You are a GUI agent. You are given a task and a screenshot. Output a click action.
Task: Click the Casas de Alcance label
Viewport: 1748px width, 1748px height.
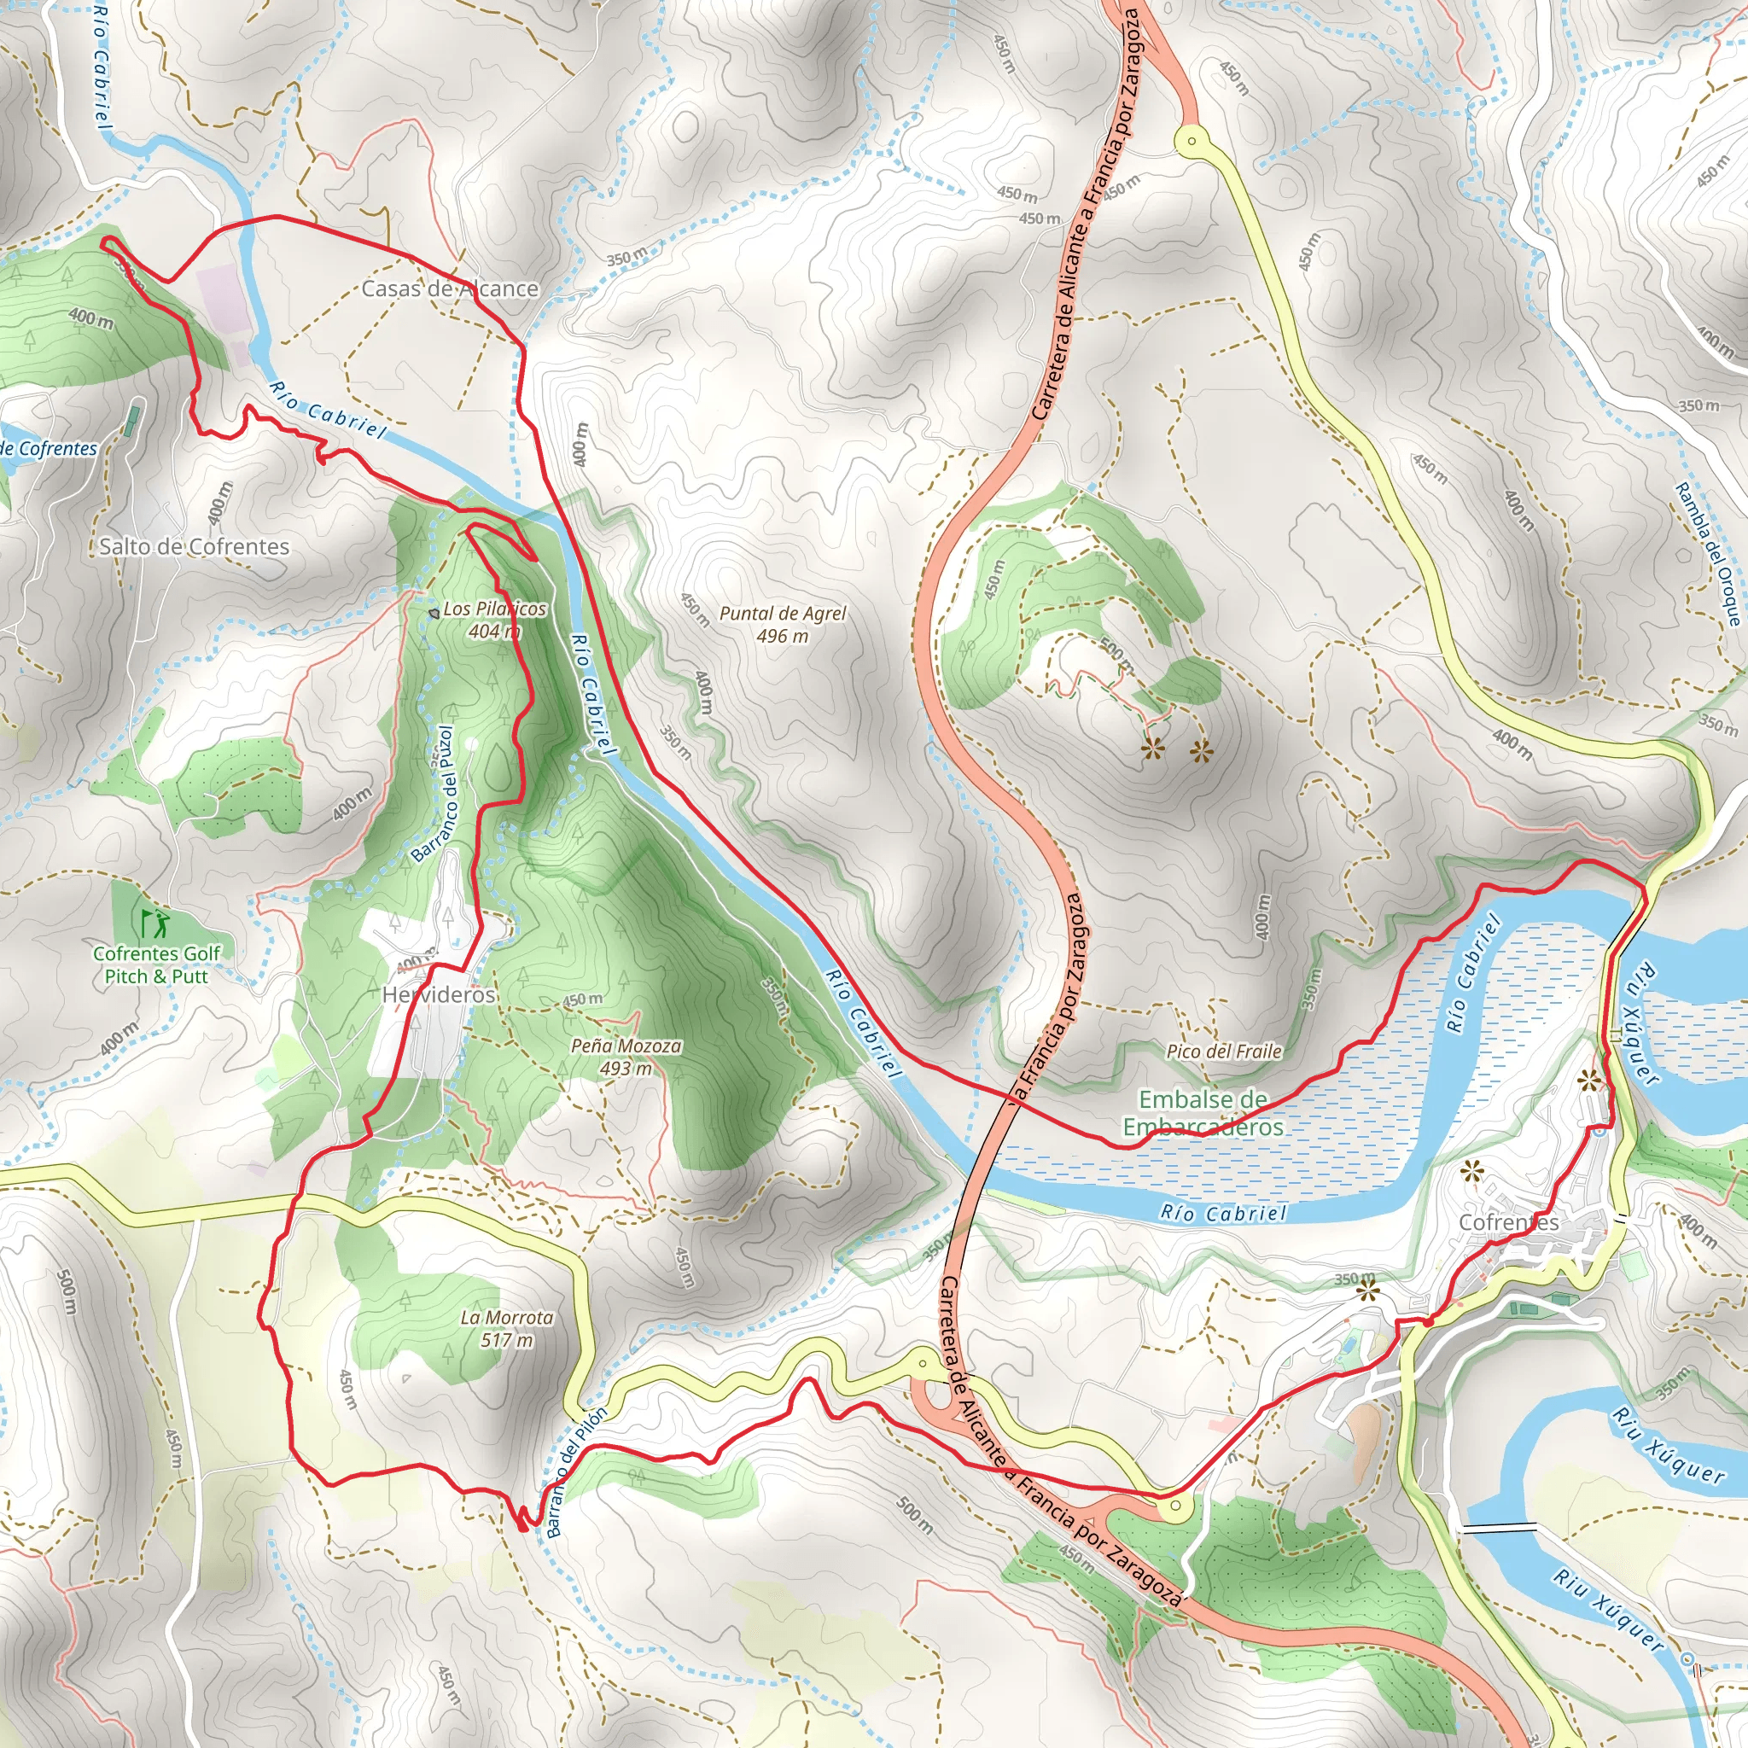pyautogui.click(x=450, y=288)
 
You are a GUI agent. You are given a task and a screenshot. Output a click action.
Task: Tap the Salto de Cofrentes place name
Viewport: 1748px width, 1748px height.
pyautogui.click(x=195, y=546)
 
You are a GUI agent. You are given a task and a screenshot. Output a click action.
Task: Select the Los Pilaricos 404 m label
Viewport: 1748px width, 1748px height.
pyautogui.click(x=495, y=620)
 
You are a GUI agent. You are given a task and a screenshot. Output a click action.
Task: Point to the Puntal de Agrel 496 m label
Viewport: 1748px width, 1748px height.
pyautogui.click(x=783, y=624)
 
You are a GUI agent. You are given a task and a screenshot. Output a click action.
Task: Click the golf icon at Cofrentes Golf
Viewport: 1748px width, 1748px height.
pyautogui.click(x=154, y=924)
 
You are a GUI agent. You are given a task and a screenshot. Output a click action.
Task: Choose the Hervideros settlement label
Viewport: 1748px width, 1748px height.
pyautogui.click(x=439, y=994)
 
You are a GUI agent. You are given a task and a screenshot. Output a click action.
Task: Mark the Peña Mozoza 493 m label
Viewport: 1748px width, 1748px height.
pyautogui.click(x=626, y=1057)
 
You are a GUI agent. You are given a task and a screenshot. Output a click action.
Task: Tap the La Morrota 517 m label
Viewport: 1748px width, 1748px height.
pyautogui.click(x=507, y=1328)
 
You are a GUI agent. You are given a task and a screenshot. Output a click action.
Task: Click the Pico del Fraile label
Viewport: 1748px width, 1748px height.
pyautogui.click(x=1224, y=1052)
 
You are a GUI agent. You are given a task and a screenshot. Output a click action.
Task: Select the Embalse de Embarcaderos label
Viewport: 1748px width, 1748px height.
pyautogui.click(x=1203, y=1113)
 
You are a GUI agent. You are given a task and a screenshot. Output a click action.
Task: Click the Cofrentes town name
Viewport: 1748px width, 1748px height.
pyautogui.click(x=1509, y=1222)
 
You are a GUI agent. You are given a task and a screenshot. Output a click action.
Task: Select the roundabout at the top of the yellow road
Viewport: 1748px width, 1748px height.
pyautogui.click(x=1192, y=141)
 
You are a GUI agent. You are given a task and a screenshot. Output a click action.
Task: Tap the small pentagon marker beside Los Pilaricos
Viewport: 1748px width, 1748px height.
pyautogui.click(x=434, y=613)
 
